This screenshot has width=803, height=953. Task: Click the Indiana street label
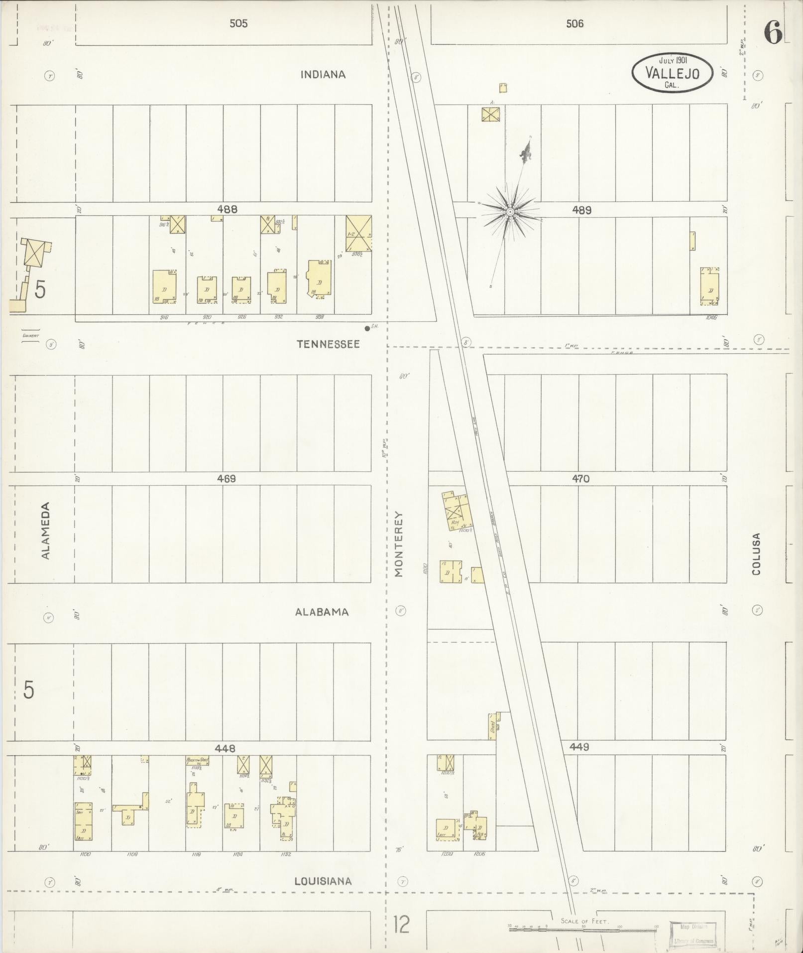pyautogui.click(x=323, y=75)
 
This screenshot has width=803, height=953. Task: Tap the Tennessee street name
pyautogui.click(x=328, y=344)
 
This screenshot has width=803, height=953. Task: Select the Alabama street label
pyautogui.click(x=322, y=612)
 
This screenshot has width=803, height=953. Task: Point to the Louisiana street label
pyautogui.click(x=323, y=881)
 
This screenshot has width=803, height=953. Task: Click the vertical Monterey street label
pyautogui.click(x=398, y=544)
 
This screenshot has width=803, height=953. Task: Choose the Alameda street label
pyautogui.click(x=46, y=531)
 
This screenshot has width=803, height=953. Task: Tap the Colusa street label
pyautogui.click(x=757, y=554)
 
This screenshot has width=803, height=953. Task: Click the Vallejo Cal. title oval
pyautogui.click(x=672, y=73)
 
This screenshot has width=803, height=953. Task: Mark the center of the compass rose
pyautogui.click(x=510, y=212)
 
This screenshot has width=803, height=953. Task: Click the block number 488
pyautogui.click(x=227, y=210)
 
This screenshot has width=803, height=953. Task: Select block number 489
pyautogui.click(x=581, y=210)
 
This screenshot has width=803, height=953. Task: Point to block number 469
pyautogui.click(x=226, y=479)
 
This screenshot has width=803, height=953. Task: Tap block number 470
pyautogui.click(x=580, y=479)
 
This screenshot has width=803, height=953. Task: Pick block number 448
pyautogui.click(x=225, y=748)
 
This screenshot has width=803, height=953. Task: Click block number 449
pyautogui.click(x=580, y=747)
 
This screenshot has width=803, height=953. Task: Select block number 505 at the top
pyautogui.click(x=238, y=23)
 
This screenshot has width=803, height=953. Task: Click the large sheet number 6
pyautogui.click(x=773, y=33)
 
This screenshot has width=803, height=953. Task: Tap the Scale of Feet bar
pyautogui.click(x=582, y=928)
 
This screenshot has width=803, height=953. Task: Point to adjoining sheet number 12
pyautogui.click(x=401, y=925)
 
